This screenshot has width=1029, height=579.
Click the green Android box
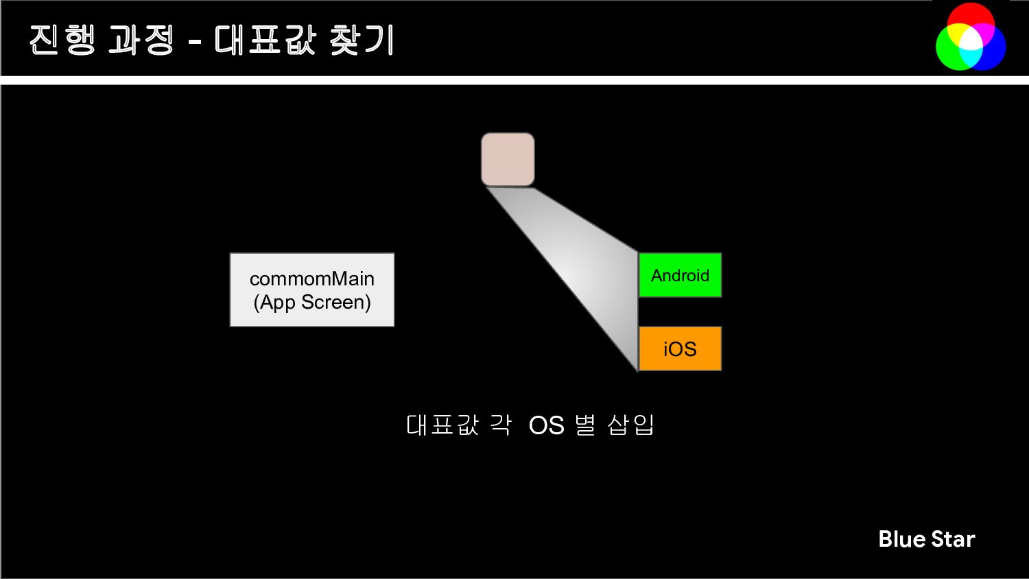pyautogui.click(x=680, y=275)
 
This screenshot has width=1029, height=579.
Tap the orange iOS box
pyautogui.click(x=680, y=348)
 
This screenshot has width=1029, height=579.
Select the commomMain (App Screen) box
pyautogui.click(x=312, y=289)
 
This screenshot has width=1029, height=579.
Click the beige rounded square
pyautogui.click(x=508, y=159)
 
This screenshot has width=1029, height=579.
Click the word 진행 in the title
pyautogui.click(x=62, y=40)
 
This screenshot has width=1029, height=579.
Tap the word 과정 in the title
pyautogui.click(x=141, y=40)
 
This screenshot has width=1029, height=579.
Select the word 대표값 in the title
pyautogui.click(x=265, y=40)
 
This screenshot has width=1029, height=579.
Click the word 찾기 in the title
pyautogui.click(x=362, y=40)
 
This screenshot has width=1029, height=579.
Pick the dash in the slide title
pyautogui.click(x=195, y=43)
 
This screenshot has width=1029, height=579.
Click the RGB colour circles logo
pyautogui.click(x=971, y=37)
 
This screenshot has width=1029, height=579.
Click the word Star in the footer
pyautogui.click(x=953, y=539)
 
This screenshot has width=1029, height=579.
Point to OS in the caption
pyautogui.click(x=546, y=425)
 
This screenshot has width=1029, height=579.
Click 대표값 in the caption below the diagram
pyautogui.click(x=442, y=425)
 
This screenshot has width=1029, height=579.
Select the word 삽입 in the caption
pyautogui.click(x=631, y=425)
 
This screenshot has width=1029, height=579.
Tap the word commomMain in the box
pyautogui.click(x=312, y=279)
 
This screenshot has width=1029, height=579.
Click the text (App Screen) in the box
pyautogui.click(x=312, y=302)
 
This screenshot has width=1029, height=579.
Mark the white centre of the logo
pyautogui.click(x=971, y=40)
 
